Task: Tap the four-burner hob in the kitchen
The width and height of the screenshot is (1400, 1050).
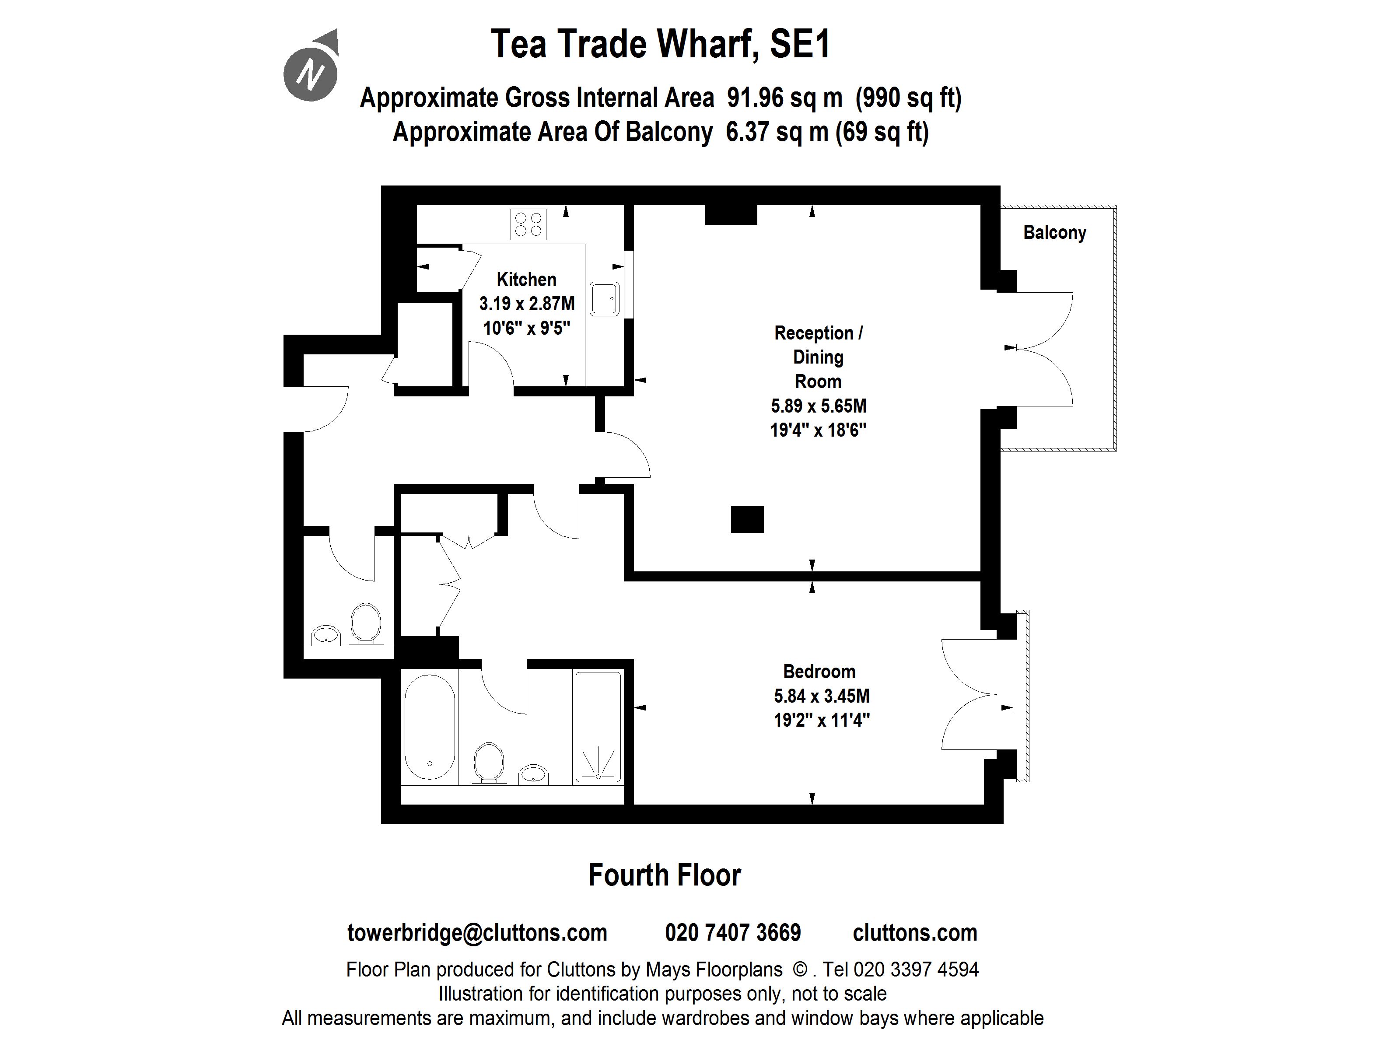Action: click(528, 224)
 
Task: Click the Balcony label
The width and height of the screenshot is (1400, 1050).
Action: click(1054, 232)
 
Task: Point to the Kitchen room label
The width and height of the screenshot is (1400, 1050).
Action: click(526, 279)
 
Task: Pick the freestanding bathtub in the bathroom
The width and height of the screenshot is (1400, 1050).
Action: click(429, 727)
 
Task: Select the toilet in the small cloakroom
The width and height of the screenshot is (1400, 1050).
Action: click(365, 622)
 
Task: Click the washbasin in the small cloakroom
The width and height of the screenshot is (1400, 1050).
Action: click(326, 633)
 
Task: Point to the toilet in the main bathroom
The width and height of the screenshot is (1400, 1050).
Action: click(489, 761)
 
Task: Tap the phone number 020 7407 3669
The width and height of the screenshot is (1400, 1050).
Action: click(732, 932)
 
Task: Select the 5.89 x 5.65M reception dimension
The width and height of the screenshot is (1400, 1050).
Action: click(819, 406)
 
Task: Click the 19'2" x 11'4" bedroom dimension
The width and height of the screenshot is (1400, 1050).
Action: click(822, 720)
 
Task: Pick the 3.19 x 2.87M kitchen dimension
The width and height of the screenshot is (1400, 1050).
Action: click(527, 304)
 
